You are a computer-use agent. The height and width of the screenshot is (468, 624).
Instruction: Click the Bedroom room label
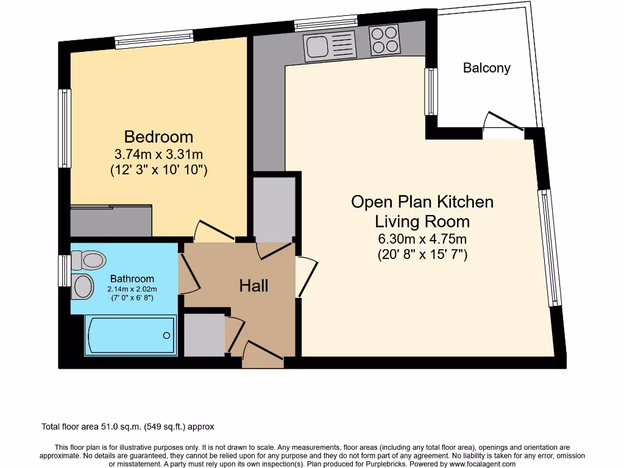[x=158, y=136]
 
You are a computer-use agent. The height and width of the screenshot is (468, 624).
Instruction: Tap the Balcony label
[x=486, y=68]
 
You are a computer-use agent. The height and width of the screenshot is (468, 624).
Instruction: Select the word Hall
[x=253, y=285]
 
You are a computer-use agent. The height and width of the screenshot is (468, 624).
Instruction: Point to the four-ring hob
[x=385, y=40]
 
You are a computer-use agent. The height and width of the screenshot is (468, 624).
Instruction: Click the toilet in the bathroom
[x=88, y=260]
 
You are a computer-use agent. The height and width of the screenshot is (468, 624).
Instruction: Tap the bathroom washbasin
[x=83, y=286]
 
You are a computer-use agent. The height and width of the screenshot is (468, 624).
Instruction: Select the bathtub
[x=131, y=335]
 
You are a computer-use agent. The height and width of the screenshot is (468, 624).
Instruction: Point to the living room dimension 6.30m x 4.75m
[x=422, y=239]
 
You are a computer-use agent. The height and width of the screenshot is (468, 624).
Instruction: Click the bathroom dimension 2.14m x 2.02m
[x=132, y=289]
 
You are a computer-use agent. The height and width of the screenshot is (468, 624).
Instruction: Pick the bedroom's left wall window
[x=65, y=128]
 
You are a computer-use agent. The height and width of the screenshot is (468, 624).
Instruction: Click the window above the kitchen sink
[x=325, y=25]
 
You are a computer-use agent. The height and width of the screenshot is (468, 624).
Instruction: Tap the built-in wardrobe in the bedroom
[x=111, y=221]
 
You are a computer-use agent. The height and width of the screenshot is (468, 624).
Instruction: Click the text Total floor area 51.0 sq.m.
[x=127, y=427]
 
